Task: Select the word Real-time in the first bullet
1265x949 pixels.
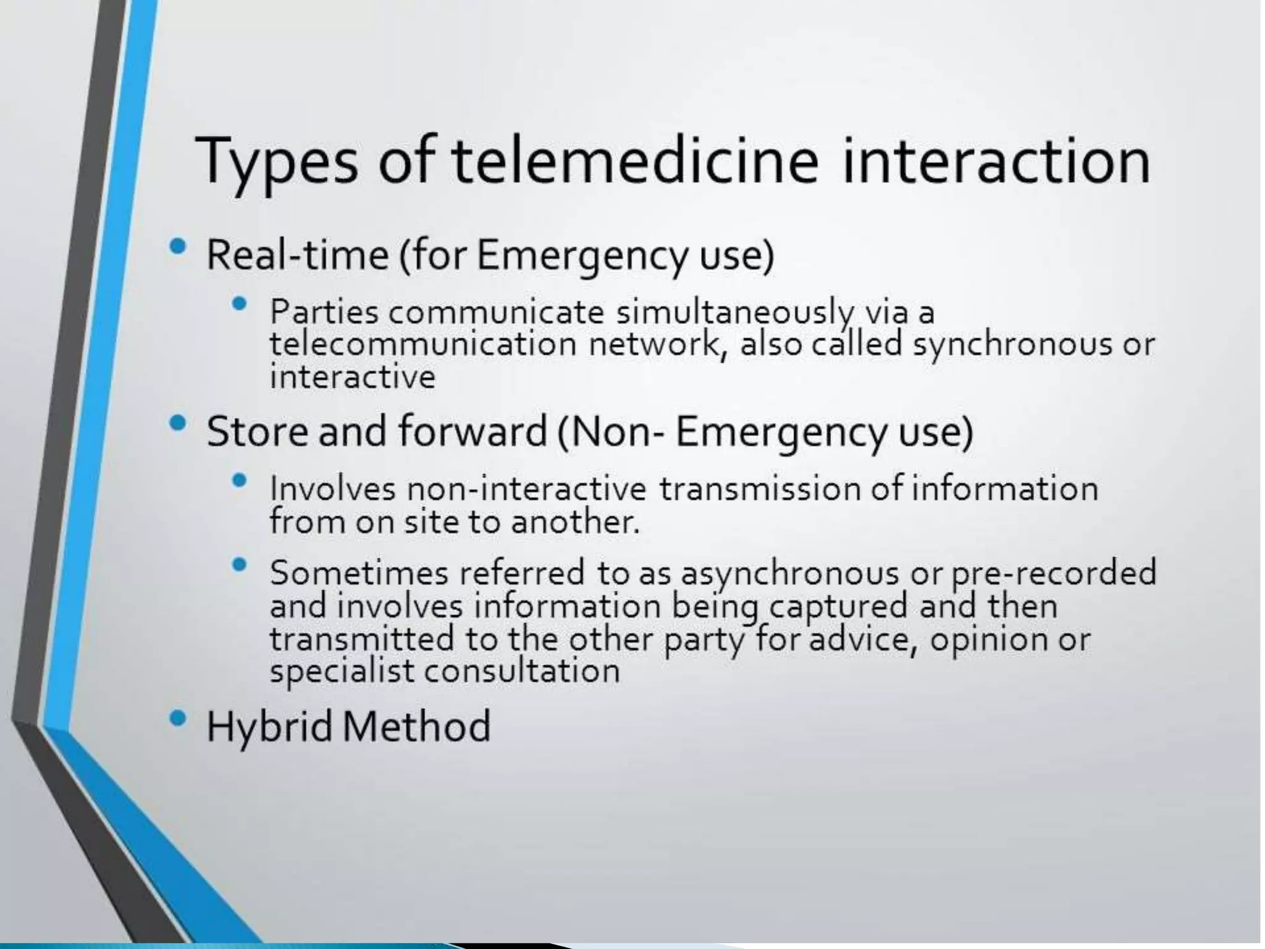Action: pos(297,255)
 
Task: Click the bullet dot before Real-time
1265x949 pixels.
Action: pos(177,248)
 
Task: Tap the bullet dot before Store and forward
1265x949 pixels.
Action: pos(177,424)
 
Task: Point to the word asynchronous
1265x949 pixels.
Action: pos(790,573)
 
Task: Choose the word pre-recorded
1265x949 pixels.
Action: pos(1053,573)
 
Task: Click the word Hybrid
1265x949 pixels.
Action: pos(269,727)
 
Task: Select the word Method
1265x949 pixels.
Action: pos(416,727)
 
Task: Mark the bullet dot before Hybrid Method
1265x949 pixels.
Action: pos(177,718)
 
